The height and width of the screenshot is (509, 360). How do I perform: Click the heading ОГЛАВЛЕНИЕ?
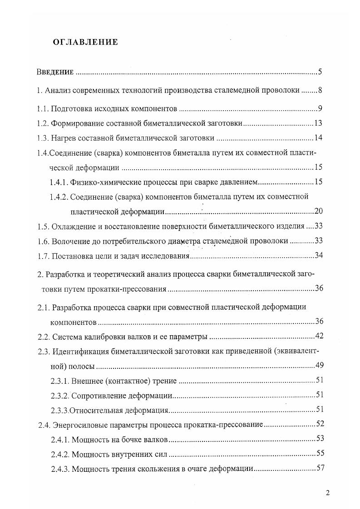[85, 42]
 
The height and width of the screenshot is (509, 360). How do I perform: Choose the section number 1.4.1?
[59, 182]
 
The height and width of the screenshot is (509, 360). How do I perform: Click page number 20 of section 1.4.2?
[318, 211]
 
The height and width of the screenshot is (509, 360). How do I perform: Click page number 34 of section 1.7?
[318, 255]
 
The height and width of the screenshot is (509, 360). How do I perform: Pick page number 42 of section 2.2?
[318, 336]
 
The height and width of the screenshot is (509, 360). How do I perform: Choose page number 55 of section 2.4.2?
[319, 453]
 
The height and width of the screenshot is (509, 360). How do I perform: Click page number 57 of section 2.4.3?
[319, 468]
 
